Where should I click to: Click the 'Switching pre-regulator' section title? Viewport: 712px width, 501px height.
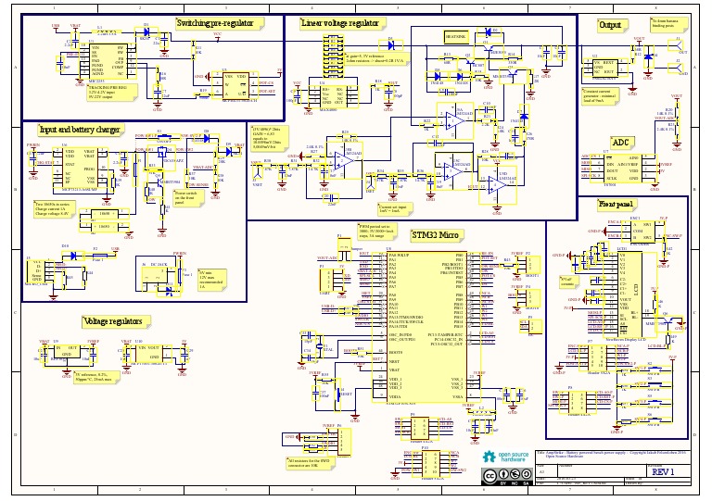coord(218,22)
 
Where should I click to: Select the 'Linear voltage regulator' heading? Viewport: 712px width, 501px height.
coord(340,23)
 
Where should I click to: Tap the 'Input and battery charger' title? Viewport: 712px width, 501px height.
coord(80,131)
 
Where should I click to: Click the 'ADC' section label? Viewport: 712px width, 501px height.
coord(620,142)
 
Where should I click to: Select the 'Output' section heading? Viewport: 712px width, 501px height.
coord(609,25)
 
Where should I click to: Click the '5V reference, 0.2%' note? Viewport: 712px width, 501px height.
coord(86,376)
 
